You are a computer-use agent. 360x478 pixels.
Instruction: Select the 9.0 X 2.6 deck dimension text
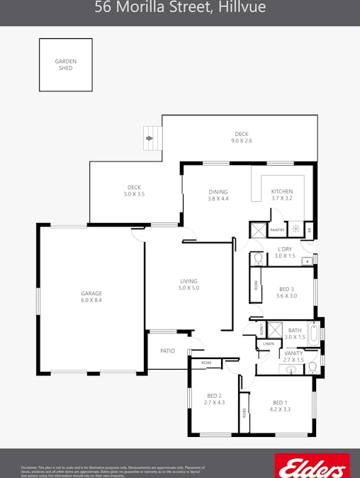242,141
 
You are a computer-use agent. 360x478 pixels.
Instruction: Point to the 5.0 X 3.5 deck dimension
134,194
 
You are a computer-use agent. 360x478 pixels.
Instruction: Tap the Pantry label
277,229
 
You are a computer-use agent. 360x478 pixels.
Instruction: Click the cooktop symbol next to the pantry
296,229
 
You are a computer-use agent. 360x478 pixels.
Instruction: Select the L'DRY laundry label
285,249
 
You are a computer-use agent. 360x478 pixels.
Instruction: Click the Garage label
91,293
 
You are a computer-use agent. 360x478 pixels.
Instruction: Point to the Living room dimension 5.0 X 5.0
189,288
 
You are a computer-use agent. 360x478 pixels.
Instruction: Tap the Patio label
167,351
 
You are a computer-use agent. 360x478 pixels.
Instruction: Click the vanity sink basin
291,370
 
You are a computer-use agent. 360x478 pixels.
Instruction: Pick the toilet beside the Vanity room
313,366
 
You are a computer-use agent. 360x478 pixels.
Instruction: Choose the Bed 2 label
215,395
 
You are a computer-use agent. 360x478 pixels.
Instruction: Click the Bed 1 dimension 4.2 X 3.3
280,409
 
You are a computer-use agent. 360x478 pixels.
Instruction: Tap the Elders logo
311,466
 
